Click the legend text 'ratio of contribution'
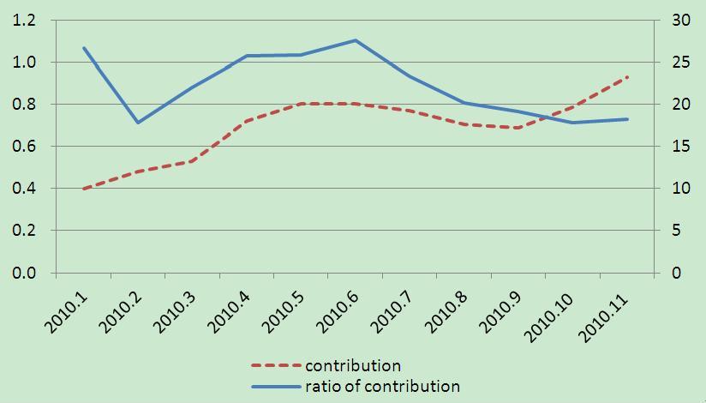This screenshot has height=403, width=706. (382, 386)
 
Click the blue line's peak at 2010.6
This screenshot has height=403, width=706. (356, 40)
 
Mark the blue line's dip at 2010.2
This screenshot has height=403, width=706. (137, 123)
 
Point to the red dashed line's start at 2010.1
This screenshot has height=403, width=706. (83, 189)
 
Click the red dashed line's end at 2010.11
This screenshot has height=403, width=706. (628, 77)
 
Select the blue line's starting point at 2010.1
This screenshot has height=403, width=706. (83, 48)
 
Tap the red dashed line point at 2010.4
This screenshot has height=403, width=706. (247, 121)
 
